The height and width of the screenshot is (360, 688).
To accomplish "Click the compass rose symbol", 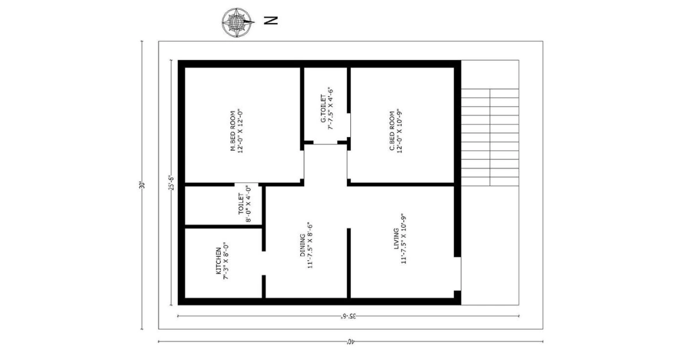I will [x=237, y=22].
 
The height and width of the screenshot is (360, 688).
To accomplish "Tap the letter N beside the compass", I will [x=271, y=21].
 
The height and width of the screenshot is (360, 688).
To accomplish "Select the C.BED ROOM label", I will [x=392, y=131].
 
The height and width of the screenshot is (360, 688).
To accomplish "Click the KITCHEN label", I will [x=218, y=263].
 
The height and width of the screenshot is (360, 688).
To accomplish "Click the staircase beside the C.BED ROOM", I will [x=490, y=137].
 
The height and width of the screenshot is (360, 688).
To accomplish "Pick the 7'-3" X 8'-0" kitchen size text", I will [x=226, y=263].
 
